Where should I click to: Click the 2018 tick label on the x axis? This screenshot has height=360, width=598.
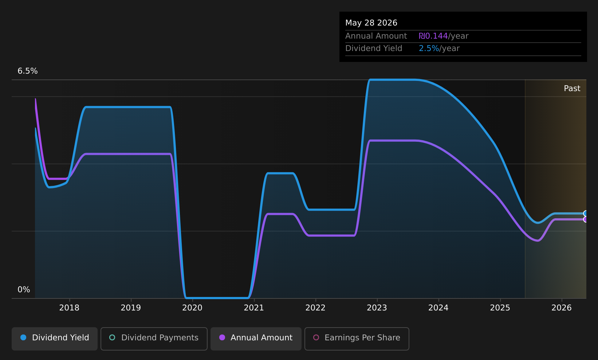click(69, 308)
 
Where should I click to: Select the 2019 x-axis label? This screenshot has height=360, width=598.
click(131, 308)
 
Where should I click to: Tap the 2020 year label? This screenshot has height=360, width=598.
click(192, 308)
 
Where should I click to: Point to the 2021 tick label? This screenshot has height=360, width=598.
click(254, 308)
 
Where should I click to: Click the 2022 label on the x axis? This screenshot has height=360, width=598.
click(315, 308)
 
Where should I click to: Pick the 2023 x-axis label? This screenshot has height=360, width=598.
click(377, 308)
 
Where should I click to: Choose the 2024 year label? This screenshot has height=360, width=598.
click(438, 308)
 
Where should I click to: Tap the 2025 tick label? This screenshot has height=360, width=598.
click(500, 308)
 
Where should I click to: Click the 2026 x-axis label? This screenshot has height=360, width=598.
click(562, 308)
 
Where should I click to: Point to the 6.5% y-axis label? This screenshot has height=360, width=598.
click(28, 71)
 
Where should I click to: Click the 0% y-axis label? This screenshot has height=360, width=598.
click(24, 290)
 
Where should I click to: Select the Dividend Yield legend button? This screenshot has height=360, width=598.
click(55, 339)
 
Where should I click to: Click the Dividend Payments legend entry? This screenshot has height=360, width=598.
click(154, 339)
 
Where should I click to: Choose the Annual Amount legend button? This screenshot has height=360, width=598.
click(256, 339)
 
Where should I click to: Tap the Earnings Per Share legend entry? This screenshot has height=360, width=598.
click(357, 339)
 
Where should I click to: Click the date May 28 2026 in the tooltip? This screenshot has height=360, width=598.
click(371, 23)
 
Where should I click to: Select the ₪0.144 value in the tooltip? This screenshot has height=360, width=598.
click(433, 36)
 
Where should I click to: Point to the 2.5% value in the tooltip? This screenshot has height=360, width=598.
click(429, 48)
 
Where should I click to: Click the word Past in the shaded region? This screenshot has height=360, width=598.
click(572, 89)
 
